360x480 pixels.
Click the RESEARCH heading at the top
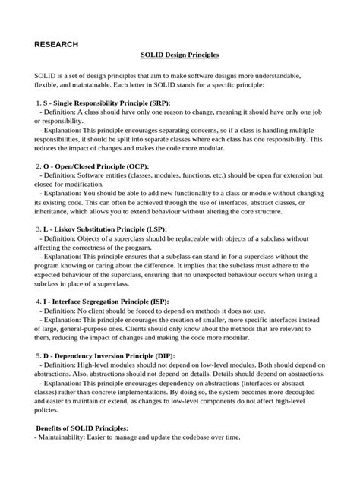pos(56,45)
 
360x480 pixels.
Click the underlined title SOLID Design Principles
pos(179,56)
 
